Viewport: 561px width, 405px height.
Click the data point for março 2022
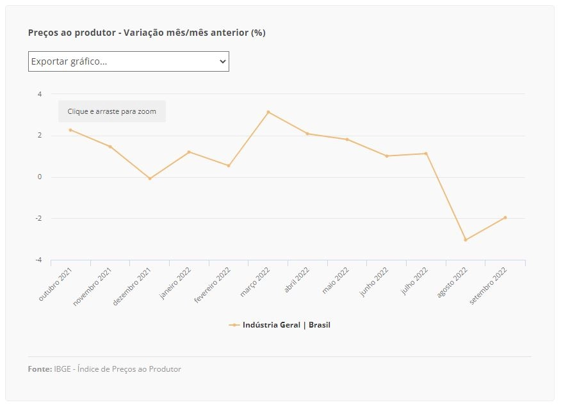pyautogui.click(x=268, y=112)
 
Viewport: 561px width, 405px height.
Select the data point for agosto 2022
pyautogui.click(x=466, y=240)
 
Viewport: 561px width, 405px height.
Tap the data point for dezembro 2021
pyautogui.click(x=150, y=179)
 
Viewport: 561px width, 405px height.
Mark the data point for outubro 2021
pyautogui.click(x=70, y=130)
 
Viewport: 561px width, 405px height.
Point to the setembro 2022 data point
pyautogui.click(x=505, y=218)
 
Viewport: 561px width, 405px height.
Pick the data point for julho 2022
pyautogui.click(x=426, y=154)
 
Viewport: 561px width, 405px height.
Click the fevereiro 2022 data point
pyautogui.click(x=229, y=166)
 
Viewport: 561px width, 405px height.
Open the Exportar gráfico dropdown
pyautogui.click(x=129, y=61)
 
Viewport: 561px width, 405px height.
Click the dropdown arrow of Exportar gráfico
pyautogui.click(x=222, y=61)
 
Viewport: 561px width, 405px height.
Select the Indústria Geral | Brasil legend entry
pyautogui.click(x=279, y=325)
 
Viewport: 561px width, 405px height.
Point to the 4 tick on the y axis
pyautogui.click(x=40, y=94)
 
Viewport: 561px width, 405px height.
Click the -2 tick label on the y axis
pyautogui.click(x=38, y=218)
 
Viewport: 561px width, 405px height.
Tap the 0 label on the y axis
pyautogui.click(x=40, y=177)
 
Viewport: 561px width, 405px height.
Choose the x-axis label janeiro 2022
pyautogui.click(x=175, y=283)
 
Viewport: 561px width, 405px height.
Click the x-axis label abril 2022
pyautogui.click(x=297, y=280)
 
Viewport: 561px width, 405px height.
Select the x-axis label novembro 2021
pyautogui.click(x=92, y=287)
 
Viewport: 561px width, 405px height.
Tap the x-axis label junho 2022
pyautogui.click(x=374, y=282)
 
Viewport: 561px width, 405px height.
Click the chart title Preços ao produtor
pyautogui.click(x=72, y=33)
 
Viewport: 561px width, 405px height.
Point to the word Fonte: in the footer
pyautogui.click(x=40, y=369)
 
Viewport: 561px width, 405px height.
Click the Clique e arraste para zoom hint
pyautogui.click(x=112, y=111)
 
